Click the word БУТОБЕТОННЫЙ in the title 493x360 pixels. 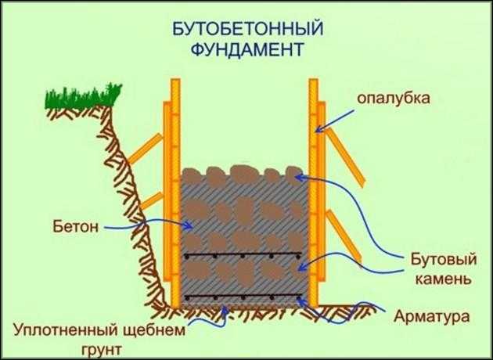(x=248, y=30)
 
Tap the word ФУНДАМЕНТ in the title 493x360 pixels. (x=248, y=49)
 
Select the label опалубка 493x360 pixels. (x=394, y=99)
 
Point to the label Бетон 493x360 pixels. (x=75, y=226)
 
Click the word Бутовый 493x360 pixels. (x=444, y=261)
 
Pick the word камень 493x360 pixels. (x=444, y=279)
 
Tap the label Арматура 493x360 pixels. (x=432, y=316)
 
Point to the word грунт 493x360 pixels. (x=101, y=350)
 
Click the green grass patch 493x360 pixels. (x=83, y=96)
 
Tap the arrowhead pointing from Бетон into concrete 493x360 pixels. (x=189, y=225)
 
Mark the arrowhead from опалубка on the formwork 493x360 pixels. (x=318, y=129)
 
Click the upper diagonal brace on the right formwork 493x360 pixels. (x=345, y=157)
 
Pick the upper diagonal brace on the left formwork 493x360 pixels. (x=146, y=149)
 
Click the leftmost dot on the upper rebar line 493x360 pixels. (x=187, y=257)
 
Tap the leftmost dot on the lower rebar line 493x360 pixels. (x=187, y=298)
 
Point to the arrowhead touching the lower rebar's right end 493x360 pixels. (x=300, y=301)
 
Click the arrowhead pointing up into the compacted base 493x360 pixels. (x=225, y=309)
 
